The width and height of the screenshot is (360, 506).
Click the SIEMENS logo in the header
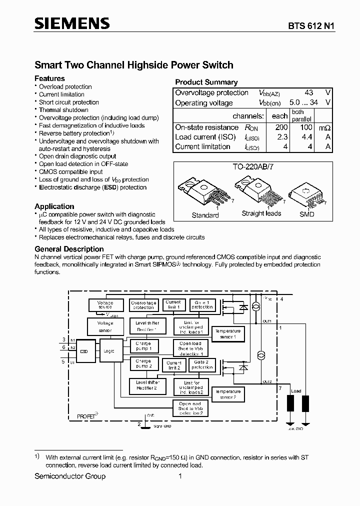(x=71, y=23)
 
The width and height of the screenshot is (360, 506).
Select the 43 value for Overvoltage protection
(x=308, y=92)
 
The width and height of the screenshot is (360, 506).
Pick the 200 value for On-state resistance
(x=281, y=127)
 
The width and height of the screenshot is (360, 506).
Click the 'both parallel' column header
(x=301, y=115)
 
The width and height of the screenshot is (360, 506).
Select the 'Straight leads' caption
(x=261, y=213)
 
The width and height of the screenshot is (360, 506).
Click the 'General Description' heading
(x=69, y=249)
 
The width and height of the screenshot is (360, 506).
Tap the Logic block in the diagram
(x=109, y=351)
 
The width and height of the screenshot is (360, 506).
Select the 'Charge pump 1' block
(x=143, y=346)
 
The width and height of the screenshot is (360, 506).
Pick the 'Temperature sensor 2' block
(x=227, y=394)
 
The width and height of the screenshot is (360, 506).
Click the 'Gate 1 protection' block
(x=201, y=304)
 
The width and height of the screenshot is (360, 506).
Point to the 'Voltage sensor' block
(x=105, y=326)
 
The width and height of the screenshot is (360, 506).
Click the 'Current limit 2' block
(x=173, y=365)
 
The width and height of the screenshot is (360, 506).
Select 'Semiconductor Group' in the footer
(x=70, y=476)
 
